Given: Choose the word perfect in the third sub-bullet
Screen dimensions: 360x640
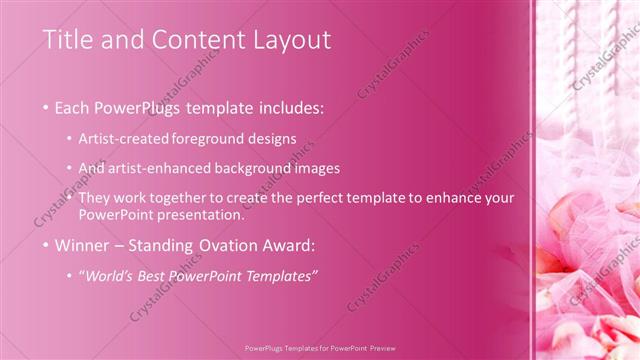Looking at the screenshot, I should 326,197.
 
